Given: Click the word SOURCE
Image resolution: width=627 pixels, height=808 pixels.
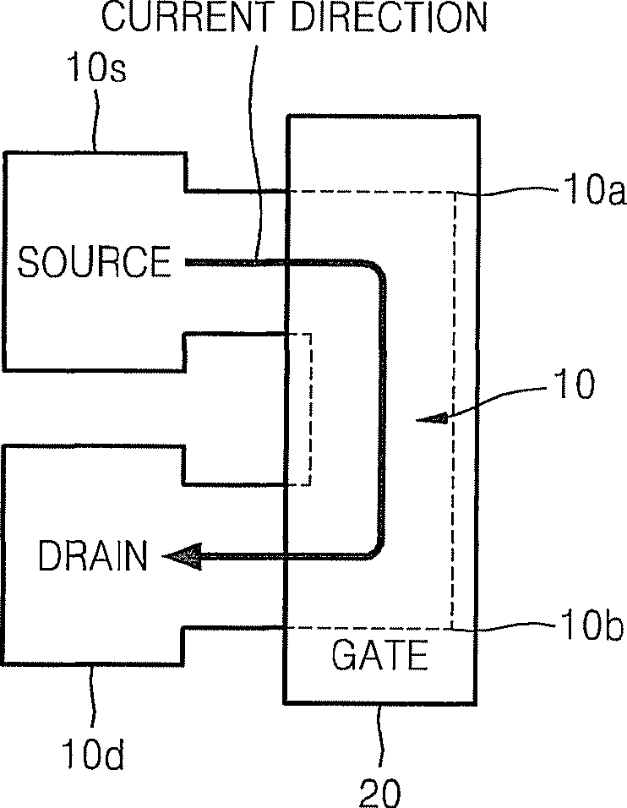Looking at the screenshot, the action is [94, 262].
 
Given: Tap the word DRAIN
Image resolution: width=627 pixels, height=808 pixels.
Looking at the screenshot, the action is [93, 555].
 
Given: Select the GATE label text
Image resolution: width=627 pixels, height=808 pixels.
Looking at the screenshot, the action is [379, 655].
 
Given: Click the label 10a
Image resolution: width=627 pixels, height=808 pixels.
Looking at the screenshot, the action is [594, 189].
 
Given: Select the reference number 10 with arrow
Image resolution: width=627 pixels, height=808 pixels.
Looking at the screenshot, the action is [575, 384].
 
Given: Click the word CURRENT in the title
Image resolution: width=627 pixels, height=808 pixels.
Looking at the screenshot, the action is [185, 17].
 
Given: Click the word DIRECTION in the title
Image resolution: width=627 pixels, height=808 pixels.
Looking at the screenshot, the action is [389, 17].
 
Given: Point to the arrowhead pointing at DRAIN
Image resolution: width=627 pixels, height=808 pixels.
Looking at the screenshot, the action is [182, 556].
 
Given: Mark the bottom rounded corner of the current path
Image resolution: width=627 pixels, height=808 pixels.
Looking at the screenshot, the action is [375, 549].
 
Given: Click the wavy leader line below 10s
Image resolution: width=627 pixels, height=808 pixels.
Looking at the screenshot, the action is [95, 118].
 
